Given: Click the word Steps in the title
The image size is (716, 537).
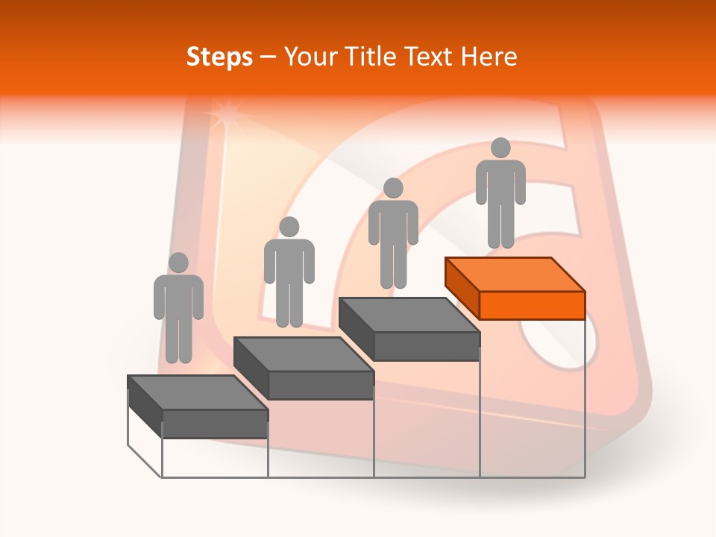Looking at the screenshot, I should tap(219, 57).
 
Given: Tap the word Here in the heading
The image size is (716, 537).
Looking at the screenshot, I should tap(488, 57).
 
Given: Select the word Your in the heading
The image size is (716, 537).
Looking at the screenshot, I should tap(308, 57).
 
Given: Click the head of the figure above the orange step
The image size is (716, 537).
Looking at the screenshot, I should tap(500, 148).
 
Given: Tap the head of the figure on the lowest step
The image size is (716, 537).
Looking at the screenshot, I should tap(178, 263).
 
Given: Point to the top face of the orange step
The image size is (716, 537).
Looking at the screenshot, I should tap(515, 274).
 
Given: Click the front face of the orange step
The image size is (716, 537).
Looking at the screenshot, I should tap(532, 305).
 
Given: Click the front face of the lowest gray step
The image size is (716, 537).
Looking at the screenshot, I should tap(215, 424).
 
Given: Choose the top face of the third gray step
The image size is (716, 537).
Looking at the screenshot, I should tap(409, 315).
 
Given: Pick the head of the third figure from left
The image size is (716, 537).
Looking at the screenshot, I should tap(393, 188).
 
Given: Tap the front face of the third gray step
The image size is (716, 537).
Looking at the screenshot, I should tap(426, 346).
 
